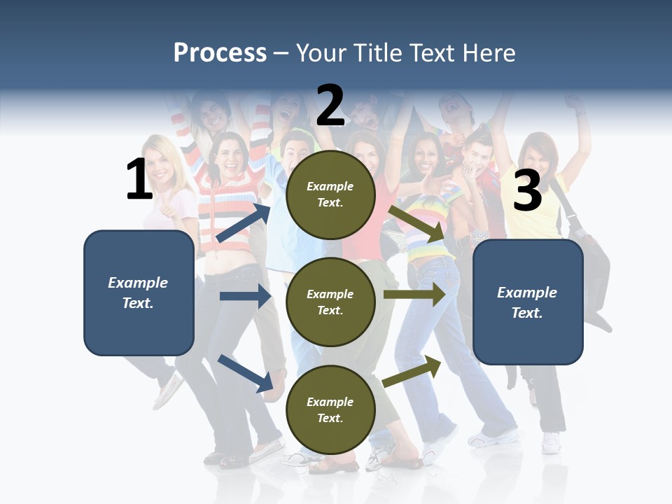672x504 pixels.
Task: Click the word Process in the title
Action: pyautogui.click(x=220, y=53)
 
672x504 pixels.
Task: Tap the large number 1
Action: pyautogui.click(x=139, y=180)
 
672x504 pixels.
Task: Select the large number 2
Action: pyautogui.click(x=330, y=106)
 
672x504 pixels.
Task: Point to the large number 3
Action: pyautogui.click(x=527, y=191)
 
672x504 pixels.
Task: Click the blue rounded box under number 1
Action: pyautogui.click(x=139, y=293)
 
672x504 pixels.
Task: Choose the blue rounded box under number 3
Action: pyautogui.click(x=528, y=302)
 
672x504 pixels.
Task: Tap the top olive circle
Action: pyautogui.click(x=330, y=195)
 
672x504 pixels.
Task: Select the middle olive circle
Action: pyautogui.click(x=330, y=302)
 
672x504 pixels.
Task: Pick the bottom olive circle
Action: pyautogui.click(x=330, y=409)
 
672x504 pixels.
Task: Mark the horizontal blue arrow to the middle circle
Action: pyautogui.click(x=245, y=296)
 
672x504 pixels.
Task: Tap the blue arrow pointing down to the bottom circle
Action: pyautogui.click(x=246, y=373)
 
